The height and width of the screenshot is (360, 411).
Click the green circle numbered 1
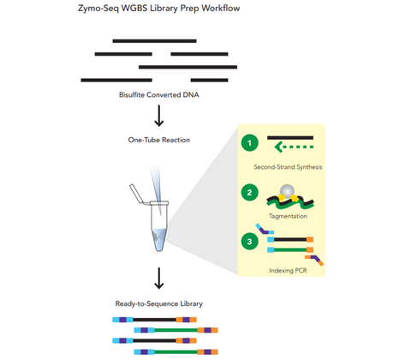click(249, 143)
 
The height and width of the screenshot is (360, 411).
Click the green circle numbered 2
click(249, 194)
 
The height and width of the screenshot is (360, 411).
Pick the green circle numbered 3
click(249, 242)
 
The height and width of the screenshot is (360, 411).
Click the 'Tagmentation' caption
click(289, 217)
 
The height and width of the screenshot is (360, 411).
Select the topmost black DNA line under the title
click(146, 40)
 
